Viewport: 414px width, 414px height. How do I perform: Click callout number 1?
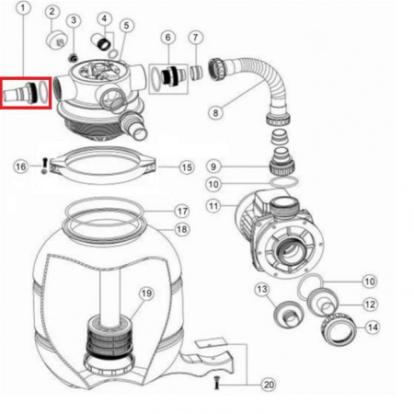[x=23, y=8]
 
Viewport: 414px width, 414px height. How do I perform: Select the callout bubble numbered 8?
[x=215, y=112]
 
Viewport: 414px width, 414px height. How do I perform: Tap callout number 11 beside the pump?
[x=213, y=206]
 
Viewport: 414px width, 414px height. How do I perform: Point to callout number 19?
[x=146, y=293]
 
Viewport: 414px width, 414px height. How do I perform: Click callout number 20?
[x=269, y=385]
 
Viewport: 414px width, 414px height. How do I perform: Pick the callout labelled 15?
[x=187, y=167]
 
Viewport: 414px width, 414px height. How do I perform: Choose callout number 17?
[x=182, y=211]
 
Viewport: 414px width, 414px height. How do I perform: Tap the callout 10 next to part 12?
[x=370, y=282]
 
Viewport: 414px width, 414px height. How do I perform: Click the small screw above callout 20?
[x=217, y=383]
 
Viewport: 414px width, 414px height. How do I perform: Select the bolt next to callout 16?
[x=45, y=165]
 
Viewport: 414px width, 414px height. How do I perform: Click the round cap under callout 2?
[x=57, y=40]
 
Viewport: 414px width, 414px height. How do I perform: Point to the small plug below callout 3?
[x=73, y=57]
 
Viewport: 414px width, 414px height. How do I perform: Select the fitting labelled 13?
[x=288, y=315]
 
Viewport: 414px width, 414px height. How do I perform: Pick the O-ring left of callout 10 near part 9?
[x=283, y=181]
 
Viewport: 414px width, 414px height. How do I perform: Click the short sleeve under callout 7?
[x=196, y=74]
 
